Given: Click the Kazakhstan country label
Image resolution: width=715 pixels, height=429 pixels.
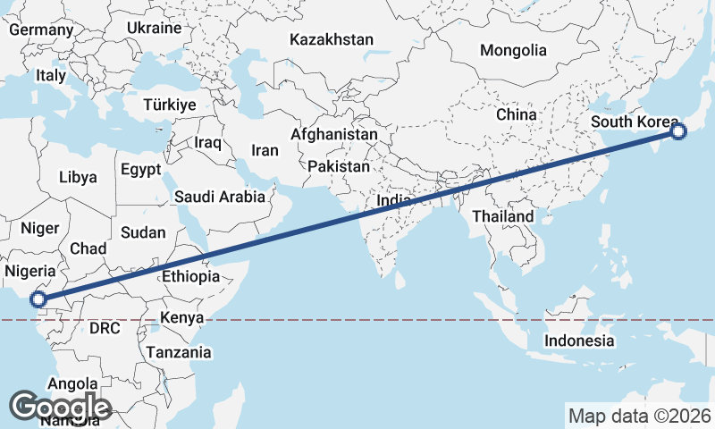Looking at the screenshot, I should pyautogui.click(x=332, y=39).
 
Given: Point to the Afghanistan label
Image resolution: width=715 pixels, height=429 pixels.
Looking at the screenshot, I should pyautogui.click(x=334, y=134).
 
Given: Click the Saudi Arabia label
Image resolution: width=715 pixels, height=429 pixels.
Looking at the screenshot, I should pyautogui.click(x=220, y=197).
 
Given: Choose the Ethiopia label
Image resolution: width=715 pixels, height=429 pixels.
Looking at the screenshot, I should pyautogui.click(x=190, y=276).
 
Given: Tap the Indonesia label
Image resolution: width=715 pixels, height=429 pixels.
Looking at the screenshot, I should pyautogui.click(x=580, y=341).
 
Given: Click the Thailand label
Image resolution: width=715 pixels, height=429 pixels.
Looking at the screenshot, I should pyautogui.click(x=503, y=216).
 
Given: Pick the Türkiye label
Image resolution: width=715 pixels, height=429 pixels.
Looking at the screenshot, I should pyautogui.click(x=169, y=105).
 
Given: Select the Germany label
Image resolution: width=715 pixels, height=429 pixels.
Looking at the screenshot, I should pyautogui.click(x=41, y=29).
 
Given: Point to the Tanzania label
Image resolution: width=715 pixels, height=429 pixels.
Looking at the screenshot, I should pyautogui.click(x=180, y=352).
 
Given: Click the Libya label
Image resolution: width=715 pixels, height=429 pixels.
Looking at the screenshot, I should pyautogui.click(x=78, y=177).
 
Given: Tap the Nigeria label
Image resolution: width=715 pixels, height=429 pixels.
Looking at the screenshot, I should pyautogui.click(x=30, y=271).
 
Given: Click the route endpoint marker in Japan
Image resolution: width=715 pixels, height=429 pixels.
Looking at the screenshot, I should pyautogui.click(x=677, y=132).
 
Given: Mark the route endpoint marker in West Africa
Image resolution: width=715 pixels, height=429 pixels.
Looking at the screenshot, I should pyautogui.click(x=38, y=299).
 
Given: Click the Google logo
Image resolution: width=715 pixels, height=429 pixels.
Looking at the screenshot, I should pyautogui.click(x=61, y=408).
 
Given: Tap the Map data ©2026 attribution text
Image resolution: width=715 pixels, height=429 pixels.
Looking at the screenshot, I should pyautogui.click(x=640, y=416).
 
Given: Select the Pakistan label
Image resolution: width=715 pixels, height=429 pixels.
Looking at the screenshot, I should pyautogui.click(x=338, y=166).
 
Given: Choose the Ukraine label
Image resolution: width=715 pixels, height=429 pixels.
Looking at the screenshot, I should pyautogui.click(x=154, y=28).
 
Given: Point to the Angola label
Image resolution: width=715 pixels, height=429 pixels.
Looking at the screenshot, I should pyautogui.click(x=72, y=383).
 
